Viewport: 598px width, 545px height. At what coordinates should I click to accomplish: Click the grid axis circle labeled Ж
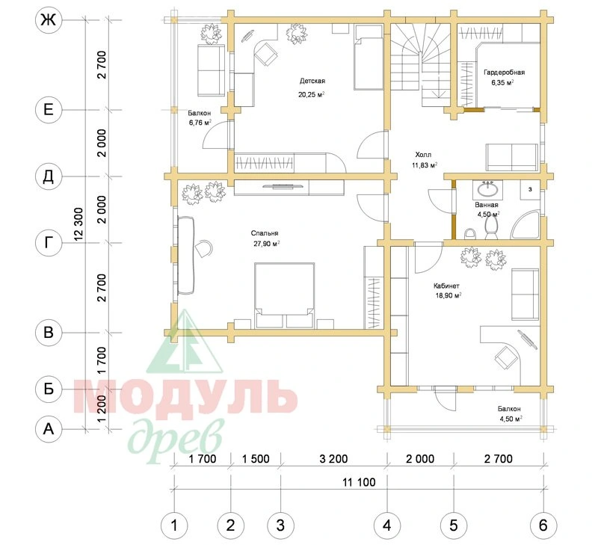tap(49, 20)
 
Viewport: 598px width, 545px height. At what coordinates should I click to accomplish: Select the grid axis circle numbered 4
tap(386, 526)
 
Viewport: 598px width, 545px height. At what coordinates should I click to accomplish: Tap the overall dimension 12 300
tap(79, 224)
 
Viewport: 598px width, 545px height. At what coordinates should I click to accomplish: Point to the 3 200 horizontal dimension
tap(333, 459)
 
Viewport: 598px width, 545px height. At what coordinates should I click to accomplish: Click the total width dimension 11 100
tap(359, 482)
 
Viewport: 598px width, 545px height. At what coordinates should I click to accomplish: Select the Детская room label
tap(312, 81)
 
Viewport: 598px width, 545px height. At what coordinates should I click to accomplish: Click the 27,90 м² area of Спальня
tap(267, 244)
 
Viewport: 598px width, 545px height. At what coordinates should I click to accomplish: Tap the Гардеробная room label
tap(504, 73)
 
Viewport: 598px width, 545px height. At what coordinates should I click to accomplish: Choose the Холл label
tap(423, 155)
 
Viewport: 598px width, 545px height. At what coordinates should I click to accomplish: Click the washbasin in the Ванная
tap(487, 189)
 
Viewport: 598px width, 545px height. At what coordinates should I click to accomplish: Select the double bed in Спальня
tap(285, 295)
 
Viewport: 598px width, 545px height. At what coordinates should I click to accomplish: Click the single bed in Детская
tap(368, 58)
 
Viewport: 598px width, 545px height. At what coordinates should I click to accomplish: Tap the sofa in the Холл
tap(512, 157)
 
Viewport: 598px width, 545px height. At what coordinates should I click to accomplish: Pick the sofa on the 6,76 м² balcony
tap(211, 70)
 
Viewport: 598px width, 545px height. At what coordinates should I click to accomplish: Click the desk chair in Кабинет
tap(505, 357)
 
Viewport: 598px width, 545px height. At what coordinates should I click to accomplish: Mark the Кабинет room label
tap(446, 286)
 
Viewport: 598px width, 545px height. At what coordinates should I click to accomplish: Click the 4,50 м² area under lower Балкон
tap(511, 419)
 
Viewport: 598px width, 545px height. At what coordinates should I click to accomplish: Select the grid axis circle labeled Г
tap(49, 242)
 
